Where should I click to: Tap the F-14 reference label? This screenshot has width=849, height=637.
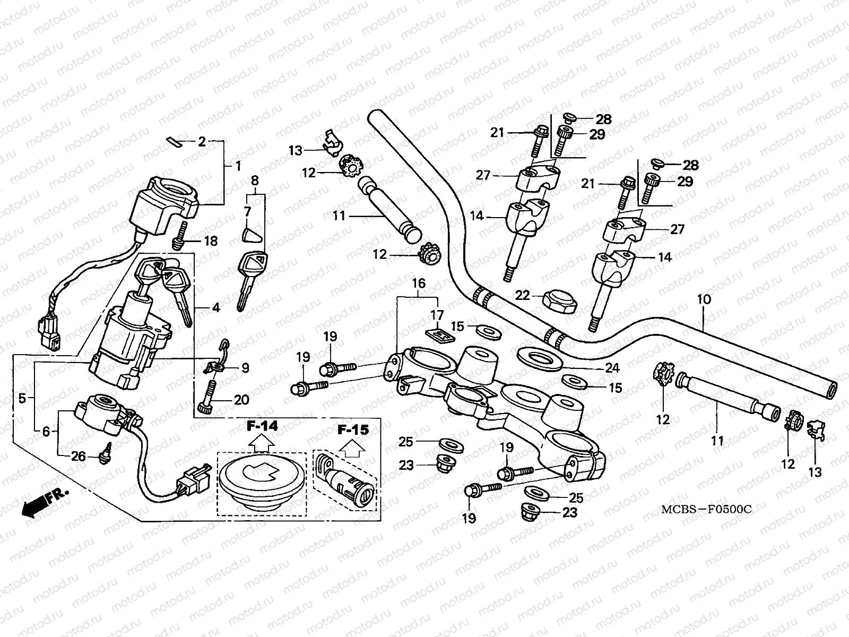262,425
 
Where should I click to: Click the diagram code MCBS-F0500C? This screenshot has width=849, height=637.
706,510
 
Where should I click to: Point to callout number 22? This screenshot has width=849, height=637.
523,295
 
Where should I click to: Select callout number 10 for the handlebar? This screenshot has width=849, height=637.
704,299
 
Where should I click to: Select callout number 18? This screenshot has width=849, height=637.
211,242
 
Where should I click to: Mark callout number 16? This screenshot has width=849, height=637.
419,283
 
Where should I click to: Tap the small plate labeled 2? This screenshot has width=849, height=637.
173,141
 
